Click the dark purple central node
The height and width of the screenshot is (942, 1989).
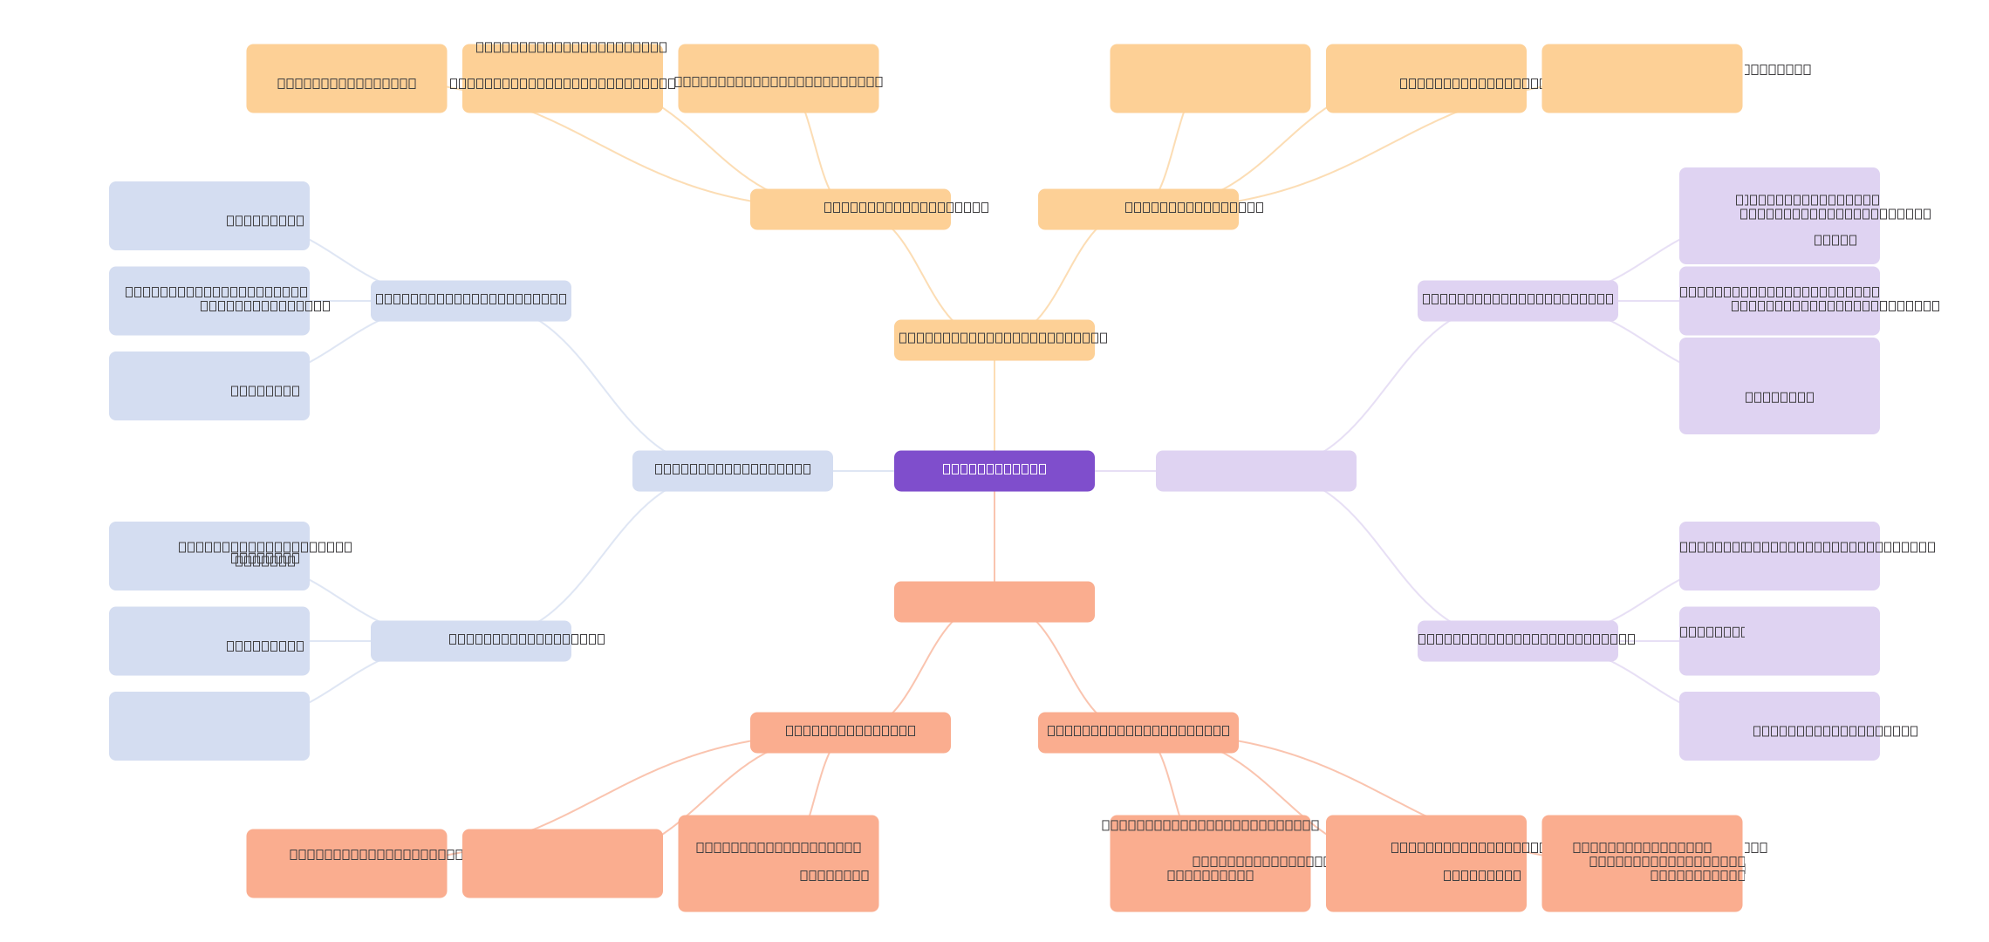point(994,471)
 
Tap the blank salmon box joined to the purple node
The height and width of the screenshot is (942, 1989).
point(994,602)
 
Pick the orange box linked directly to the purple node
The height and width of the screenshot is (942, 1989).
point(994,340)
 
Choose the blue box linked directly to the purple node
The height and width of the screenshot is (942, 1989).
point(733,471)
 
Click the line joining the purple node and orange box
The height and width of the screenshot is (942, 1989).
point(994,406)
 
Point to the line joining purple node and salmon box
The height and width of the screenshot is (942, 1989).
point(994,536)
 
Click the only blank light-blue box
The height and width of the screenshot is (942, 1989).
point(209,726)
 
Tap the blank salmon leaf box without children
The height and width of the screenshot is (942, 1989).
point(563,863)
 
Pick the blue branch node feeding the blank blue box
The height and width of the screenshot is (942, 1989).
point(471,641)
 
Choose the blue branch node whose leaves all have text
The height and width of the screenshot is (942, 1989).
point(471,301)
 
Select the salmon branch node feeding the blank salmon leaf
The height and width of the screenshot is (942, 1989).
point(851,733)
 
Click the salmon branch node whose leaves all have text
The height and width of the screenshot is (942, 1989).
point(1138,733)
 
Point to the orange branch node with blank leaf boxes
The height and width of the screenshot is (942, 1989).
point(1138,209)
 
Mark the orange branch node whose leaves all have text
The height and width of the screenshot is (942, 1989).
point(851,209)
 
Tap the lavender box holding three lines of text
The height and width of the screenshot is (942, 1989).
point(1780,215)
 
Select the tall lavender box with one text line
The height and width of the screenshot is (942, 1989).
point(1780,386)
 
